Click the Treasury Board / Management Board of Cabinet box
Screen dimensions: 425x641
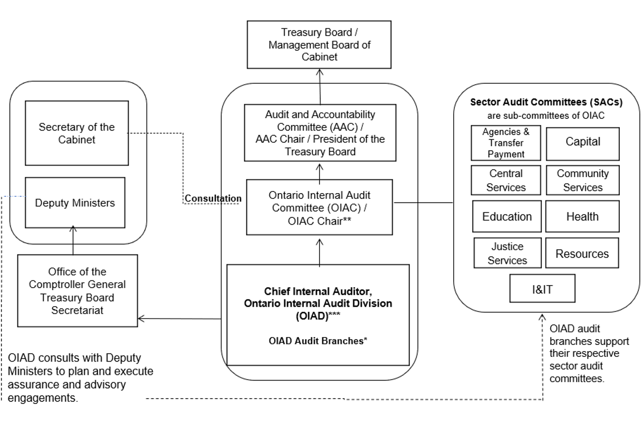click(319, 45)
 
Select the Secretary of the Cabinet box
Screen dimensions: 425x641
click(77, 133)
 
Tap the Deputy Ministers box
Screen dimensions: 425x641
click(75, 202)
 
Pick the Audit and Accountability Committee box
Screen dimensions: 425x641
click(320, 133)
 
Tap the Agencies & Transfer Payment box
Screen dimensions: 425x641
click(506, 143)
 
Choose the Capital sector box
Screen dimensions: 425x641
click(583, 142)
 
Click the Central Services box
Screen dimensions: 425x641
click(506, 180)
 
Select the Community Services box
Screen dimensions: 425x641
click(583, 180)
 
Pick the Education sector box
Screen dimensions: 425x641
click(507, 217)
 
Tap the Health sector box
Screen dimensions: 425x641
click(582, 217)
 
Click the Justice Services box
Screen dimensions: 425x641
click(507, 254)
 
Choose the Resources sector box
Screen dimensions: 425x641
click(582, 254)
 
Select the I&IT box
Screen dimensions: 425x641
click(542, 289)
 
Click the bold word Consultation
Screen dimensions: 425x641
click(213, 198)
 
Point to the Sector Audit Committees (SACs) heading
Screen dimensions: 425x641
click(546, 102)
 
